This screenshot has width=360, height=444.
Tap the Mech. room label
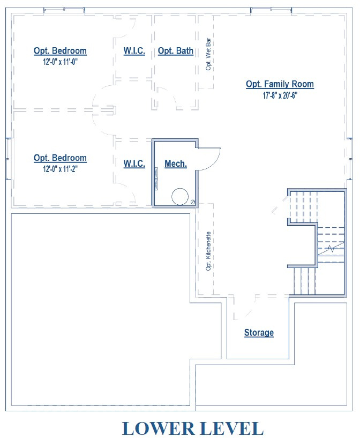[175, 164]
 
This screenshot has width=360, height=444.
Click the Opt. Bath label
[176, 51]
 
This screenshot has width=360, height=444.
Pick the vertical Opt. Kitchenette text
[208, 250]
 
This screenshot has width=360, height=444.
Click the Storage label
[259, 332]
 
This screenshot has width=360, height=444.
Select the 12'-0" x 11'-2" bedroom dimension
[60, 168]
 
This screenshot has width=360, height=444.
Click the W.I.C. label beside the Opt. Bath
[134, 51]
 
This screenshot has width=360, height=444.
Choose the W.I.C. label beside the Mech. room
[134, 164]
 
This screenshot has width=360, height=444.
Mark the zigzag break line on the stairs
[332, 248]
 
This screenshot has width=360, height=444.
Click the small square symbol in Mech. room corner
[193, 202]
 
